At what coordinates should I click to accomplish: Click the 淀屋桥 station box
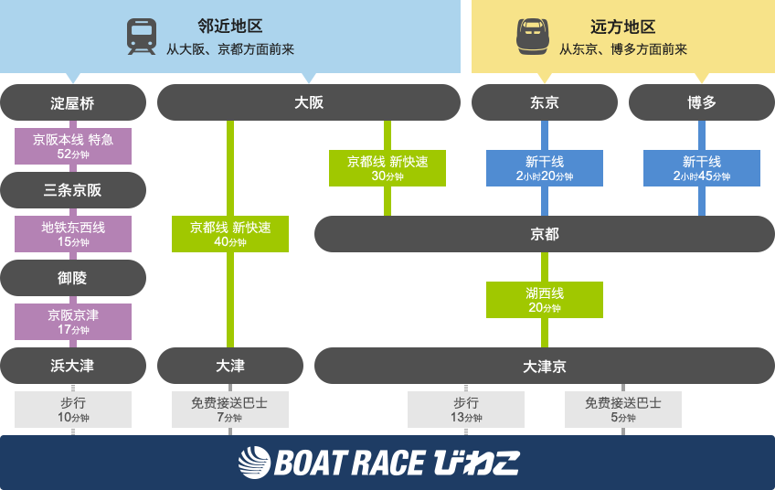(x=73, y=102)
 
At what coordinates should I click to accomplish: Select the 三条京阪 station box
(x=73, y=190)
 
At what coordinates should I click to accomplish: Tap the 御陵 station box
(x=73, y=278)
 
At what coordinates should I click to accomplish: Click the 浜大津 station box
(x=73, y=366)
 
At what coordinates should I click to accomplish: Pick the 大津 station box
(x=230, y=366)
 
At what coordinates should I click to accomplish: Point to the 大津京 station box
(x=545, y=366)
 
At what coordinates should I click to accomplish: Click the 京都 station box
(x=545, y=234)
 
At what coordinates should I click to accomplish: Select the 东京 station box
(x=545, y=102)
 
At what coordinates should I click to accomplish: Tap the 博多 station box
(x=702, y=102)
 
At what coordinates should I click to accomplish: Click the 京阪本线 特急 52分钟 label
(x=73, y=146)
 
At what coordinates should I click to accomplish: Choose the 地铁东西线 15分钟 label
(x=73, y=234)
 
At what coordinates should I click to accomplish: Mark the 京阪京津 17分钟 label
(x=73, y=322)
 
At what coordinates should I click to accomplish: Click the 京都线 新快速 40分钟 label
(x=230, y=234)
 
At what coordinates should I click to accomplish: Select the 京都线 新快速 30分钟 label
(x=387, y=168)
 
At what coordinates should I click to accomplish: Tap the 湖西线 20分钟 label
(x=545, y=300)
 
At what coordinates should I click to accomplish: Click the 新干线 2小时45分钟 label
(x=702, y=168)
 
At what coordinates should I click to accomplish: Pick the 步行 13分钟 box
(x=466, y=410)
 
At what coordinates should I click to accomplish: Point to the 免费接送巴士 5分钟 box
(x=623, y=410)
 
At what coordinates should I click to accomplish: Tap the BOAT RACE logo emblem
(x=255, y=463)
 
